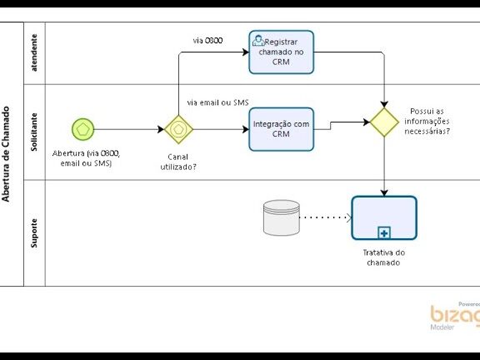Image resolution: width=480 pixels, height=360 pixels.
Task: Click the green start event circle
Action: [83, 129]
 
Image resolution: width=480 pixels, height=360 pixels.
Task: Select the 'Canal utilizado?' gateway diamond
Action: [179, 129]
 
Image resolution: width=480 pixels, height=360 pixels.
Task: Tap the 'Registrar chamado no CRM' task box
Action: [282, 52]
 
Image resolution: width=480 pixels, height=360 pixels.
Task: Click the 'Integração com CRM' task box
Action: [282, 129]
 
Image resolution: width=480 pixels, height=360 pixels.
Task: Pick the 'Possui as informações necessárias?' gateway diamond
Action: [384, 122]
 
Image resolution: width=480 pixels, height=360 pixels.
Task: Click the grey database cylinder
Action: [282, 217]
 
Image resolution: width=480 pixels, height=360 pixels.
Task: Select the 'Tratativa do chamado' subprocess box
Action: [384, 217]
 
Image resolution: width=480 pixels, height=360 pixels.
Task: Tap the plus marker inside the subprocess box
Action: [384, 233]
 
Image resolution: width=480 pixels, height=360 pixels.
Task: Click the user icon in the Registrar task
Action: [258, 41]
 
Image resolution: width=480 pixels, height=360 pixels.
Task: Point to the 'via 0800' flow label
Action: [207, 40]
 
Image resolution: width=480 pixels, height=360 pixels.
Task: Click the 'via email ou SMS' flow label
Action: [218, 102]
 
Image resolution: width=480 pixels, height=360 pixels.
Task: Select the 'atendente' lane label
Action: [34, 52]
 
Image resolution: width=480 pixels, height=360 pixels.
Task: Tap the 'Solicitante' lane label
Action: [34, 132]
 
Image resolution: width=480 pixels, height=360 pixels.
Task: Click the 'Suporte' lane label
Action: [34, 233]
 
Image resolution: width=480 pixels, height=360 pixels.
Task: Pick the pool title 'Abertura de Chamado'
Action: [6, 154]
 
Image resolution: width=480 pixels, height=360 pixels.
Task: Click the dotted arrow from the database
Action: [326, 217]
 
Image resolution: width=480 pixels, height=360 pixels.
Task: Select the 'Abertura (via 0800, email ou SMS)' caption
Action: [86, 158]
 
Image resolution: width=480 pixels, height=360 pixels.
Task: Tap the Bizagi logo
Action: [455, 316]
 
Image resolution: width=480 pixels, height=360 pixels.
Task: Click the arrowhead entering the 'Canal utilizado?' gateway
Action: [161, 129]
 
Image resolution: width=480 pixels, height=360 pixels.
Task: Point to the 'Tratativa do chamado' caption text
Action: [384, 257]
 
